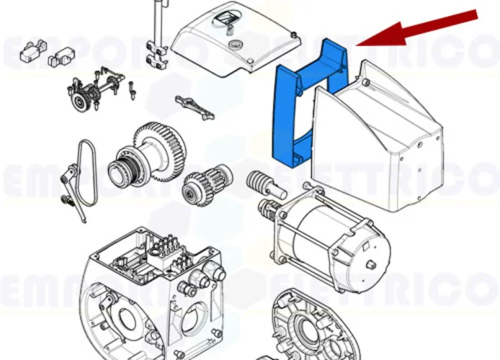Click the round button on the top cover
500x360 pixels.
pos(233,45)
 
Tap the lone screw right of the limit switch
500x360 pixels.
pos(132,91)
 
